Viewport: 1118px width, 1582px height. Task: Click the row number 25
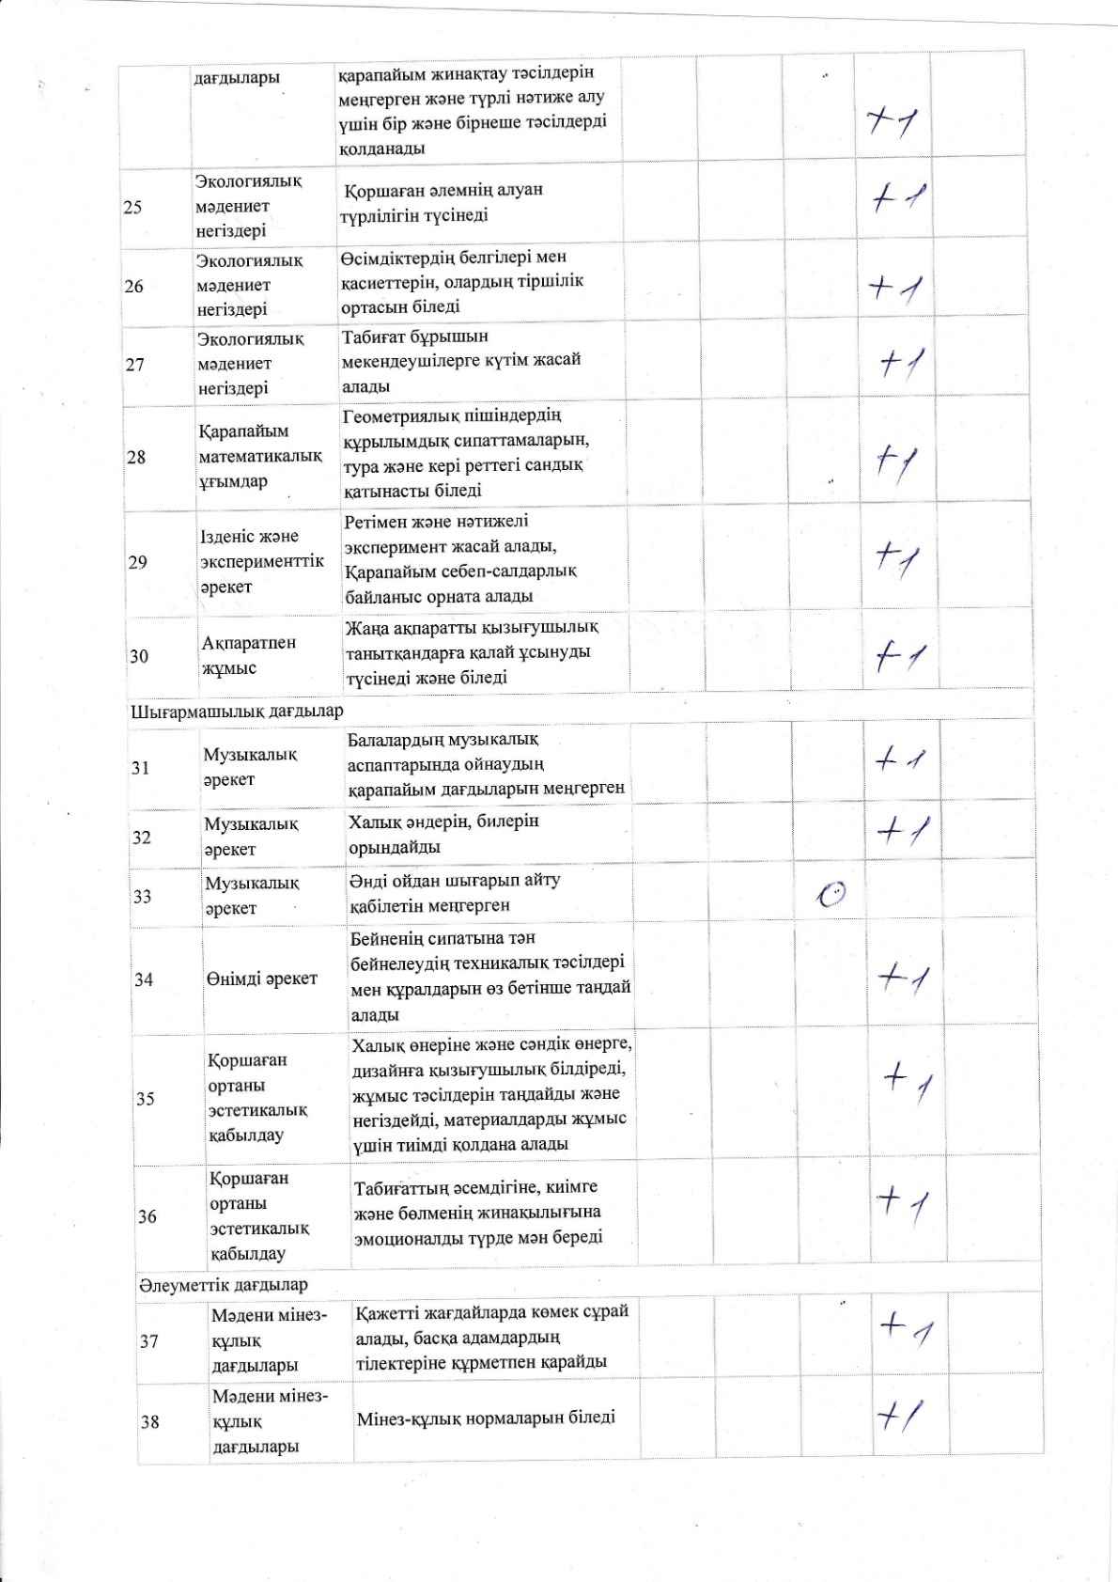pyautogui.click(x=133, y=206)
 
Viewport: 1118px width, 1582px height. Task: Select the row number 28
pyautogui.click(x=137, y=457)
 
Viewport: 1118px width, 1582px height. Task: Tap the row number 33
pyautogui.click(x=142, y=896)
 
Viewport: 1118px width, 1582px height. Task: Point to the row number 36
pyautogui.click(x=147, y=1216)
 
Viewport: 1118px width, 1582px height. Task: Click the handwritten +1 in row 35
pyautogui.click(x=908, y=1081)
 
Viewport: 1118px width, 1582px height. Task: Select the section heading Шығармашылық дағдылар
pyautogui.click(x=236, y=711)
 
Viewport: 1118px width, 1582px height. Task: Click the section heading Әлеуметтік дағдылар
pyautogui.click(x=223, y=1284)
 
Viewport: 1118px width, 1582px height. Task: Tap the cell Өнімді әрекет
pyautogui.click(x=262, y=978)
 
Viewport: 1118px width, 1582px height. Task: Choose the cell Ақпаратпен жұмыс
pyautogui.click(x=248, y=655)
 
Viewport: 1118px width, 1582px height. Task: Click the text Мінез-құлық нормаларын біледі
pyautogui.click(x=486, y=1417)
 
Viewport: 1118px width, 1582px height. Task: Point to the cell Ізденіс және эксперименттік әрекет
pyautogui.click(x=262, y=561)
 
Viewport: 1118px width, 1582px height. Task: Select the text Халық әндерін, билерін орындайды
pyautogui.click(x=443, y=834)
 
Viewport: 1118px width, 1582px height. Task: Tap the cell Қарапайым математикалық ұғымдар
pyautogui.click(x=259, y=456)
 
